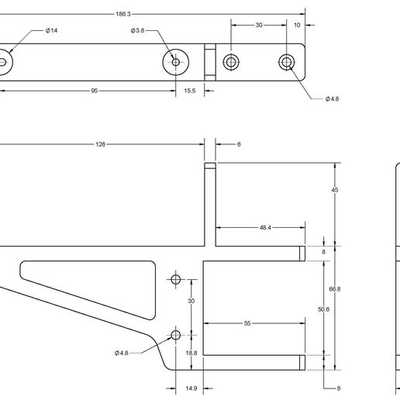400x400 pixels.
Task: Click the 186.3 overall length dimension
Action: point(123,14)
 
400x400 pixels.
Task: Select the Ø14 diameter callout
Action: point(52,30)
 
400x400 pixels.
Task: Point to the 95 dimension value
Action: point(94,91)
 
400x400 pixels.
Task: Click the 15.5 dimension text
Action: point(189,91)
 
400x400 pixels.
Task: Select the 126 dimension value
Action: point(101,144)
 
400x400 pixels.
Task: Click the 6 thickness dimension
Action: point(239,144)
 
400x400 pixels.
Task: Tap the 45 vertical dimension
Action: point(335,191)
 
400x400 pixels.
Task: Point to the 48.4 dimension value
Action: point(265,228)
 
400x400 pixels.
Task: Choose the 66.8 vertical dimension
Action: point(335,288)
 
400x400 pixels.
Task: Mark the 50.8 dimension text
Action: point(323,309)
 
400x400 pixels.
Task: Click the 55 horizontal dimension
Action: point(247,322)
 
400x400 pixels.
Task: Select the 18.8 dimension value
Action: point(191,353)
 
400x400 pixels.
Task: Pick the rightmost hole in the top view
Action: point(288,61)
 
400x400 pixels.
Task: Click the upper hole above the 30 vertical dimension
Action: point(175,278)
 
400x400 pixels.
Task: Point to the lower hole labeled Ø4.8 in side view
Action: point(175,335)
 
